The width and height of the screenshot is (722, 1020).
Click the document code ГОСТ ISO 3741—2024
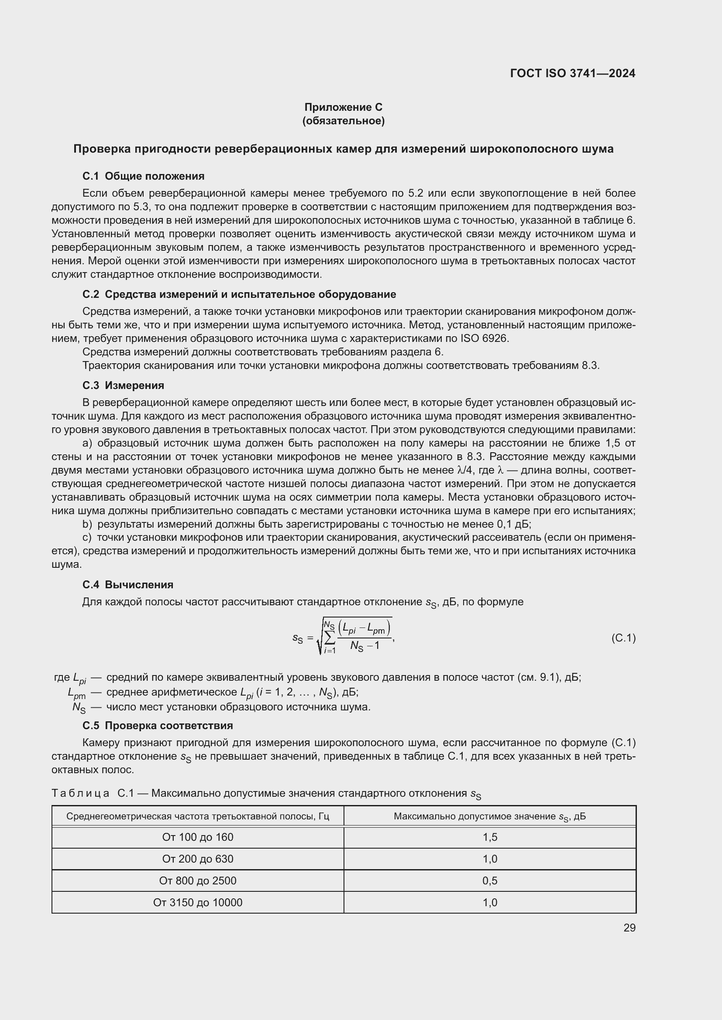pyautogui.click(x=573, y=73)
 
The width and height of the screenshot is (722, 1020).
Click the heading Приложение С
pyautogui.click(x=343, y=107)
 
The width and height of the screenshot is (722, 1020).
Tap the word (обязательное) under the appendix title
pyautogui.click(x=343, y=121)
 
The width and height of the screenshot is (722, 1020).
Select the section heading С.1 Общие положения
pyautogui.click(x=143, y=176)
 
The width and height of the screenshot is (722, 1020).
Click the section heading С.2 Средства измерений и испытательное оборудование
pyautogui.click(x=239, y=294)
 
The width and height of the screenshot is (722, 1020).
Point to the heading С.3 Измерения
pyautogui.click(x=123, y=385)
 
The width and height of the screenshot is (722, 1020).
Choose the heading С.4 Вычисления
pyautogui.click(x=127, y=585)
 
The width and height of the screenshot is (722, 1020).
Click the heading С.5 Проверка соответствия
pyautogui.click(x=158, y=726)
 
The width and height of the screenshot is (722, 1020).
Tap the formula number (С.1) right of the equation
pyautogui.click(x=623, y=638)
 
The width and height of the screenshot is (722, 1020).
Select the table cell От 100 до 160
pyautogui.click(x=197, y=837)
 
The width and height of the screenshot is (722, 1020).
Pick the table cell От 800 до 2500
pyautogui.click(x=197, y=880)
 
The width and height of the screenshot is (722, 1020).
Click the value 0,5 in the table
pyautogui.click(x=489, y=880)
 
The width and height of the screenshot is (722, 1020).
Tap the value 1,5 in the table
pyautogui.click(x=489, y=837)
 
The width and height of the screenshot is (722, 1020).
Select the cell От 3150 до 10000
pyautogui.click(x=197, y=902)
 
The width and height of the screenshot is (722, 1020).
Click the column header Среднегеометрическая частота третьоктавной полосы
pyautogui.click(x=197, y=816)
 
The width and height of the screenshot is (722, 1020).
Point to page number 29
pyautogui.click(x=629, y=928)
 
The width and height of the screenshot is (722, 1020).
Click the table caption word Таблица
pyautogui.click(x=80, y=793)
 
